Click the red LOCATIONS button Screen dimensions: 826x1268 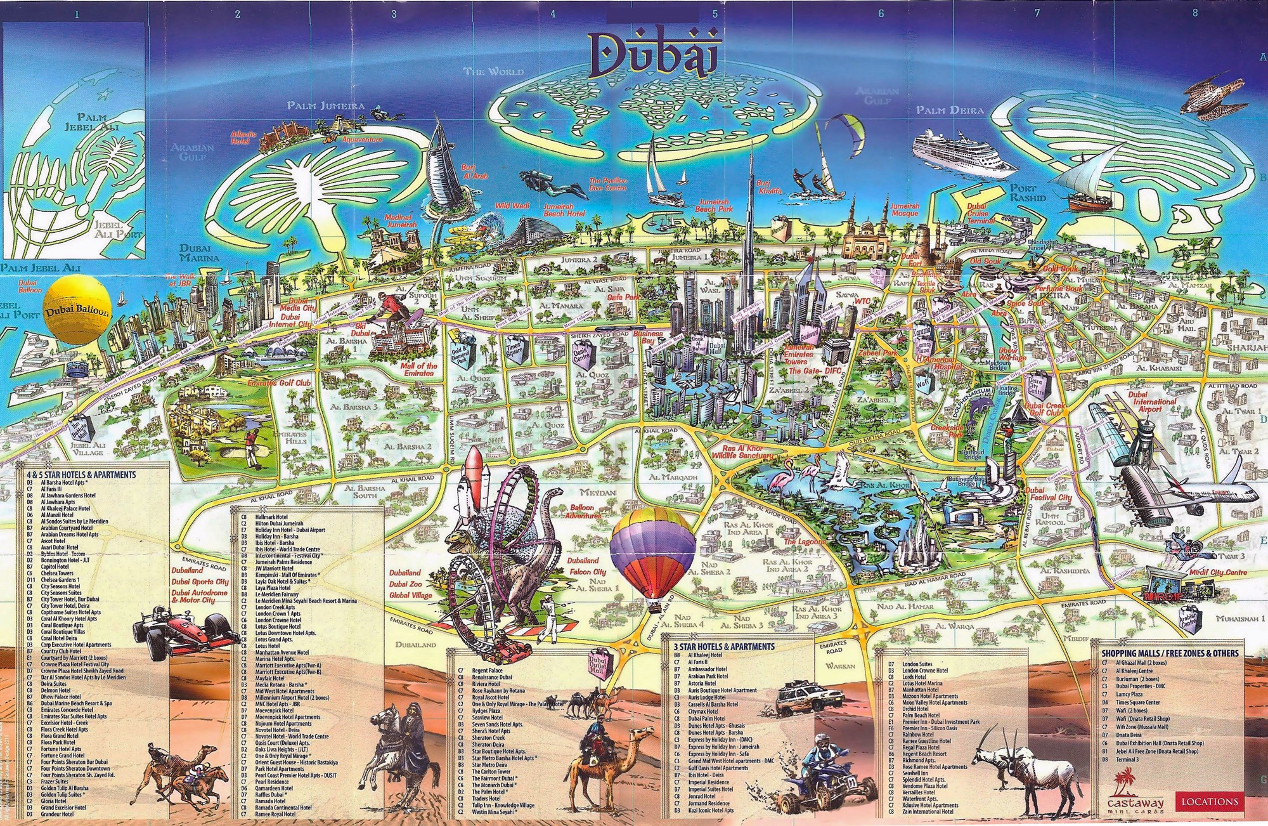point(1210,801)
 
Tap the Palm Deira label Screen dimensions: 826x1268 point(950,110)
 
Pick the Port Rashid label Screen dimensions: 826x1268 point(1027,193)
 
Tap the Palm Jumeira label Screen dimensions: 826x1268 point(326,105)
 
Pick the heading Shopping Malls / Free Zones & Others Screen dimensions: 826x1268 point(1169,653)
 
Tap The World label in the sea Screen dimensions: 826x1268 point(494,72)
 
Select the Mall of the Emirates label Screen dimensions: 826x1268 point(418,369)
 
